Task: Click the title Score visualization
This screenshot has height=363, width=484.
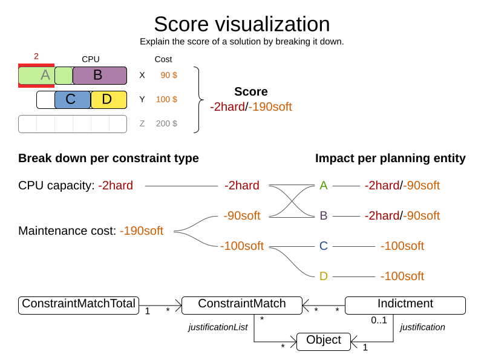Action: click(x=241, y=24)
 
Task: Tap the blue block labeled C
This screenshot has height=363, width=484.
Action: click(x=72, y=100)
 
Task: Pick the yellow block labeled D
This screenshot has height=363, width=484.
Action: click(x=108, y=100)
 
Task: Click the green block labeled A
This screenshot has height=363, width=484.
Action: click(x=36, y=76)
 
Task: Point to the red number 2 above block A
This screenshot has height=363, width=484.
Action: click(x=36, y=56)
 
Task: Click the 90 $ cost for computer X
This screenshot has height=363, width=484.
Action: click(x=169, y=75)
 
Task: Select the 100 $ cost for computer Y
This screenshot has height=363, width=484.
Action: click(x=166, y=99)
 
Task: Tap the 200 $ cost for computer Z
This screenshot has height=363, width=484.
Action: click(x=166, y=123)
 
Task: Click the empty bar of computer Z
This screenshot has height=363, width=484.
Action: click(x=73, y=124)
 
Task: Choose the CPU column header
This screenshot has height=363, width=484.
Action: click(x=91, y=59)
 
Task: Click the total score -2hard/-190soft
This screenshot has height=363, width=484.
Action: click(x=251, y=107)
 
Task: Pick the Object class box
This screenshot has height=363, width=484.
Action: click(x=324, y=341)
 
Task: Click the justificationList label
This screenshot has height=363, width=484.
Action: click(x=218, y=327)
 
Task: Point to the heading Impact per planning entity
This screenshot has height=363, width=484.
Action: click(x=390, y=159)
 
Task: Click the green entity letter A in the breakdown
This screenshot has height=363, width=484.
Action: click(x=324, y=186)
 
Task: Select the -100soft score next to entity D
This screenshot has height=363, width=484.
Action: click(x=402, y=276)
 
